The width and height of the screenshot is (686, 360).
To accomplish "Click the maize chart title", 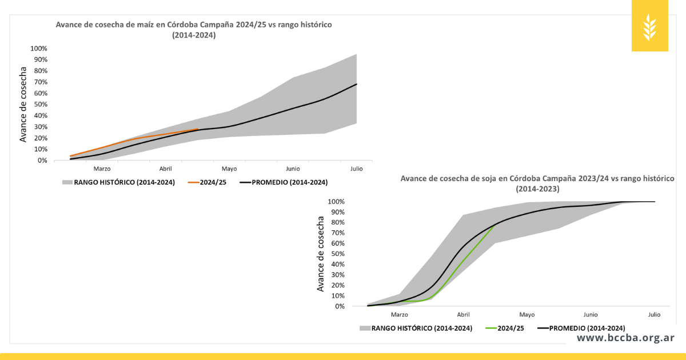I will [193, 30].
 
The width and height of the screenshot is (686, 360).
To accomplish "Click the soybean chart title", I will [537, 183].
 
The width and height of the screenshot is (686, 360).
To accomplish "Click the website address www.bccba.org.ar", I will [625, 338].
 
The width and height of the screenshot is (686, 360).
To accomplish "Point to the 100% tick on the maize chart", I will [38, 49].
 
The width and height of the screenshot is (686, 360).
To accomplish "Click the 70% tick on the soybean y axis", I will [337, 233].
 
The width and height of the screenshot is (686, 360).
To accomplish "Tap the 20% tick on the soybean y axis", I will [337, 285].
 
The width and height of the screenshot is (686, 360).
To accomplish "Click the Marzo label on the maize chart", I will [102, 169].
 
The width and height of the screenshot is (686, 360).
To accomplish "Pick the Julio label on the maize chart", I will [356, 169].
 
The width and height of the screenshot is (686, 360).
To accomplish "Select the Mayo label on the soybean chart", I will [527, 315].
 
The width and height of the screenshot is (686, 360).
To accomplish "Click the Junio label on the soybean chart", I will [591, 315].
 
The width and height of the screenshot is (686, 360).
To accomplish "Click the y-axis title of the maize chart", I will [23, 105].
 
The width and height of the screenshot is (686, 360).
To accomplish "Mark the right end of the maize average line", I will [356, 84].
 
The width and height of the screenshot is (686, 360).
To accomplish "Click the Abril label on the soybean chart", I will [463, 315].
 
